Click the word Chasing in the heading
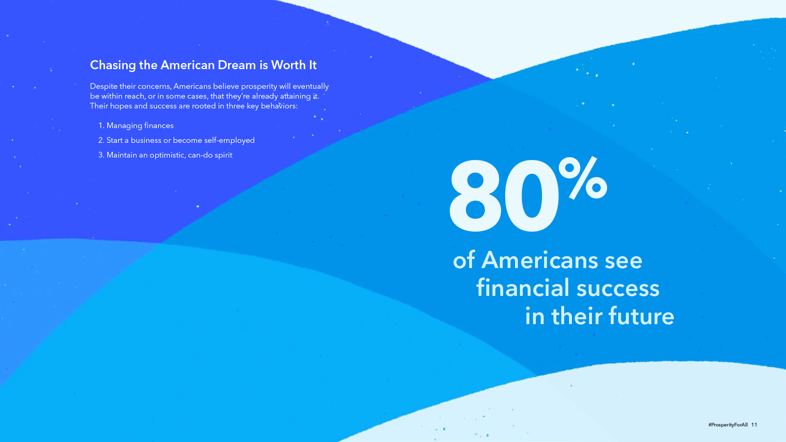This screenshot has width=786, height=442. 113,65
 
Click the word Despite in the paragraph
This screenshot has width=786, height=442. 104,87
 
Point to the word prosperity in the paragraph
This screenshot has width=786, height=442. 259,87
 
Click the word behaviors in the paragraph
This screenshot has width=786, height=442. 279,106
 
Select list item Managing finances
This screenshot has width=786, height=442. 140,126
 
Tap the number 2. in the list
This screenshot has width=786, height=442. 101,140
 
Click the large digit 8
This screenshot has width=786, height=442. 475,196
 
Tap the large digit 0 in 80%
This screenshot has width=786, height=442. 531,196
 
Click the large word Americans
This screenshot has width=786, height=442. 540,260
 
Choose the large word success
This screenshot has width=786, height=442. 618,288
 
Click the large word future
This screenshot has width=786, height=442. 641,316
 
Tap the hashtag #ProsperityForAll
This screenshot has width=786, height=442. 728,425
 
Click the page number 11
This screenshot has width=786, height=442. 754,425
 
